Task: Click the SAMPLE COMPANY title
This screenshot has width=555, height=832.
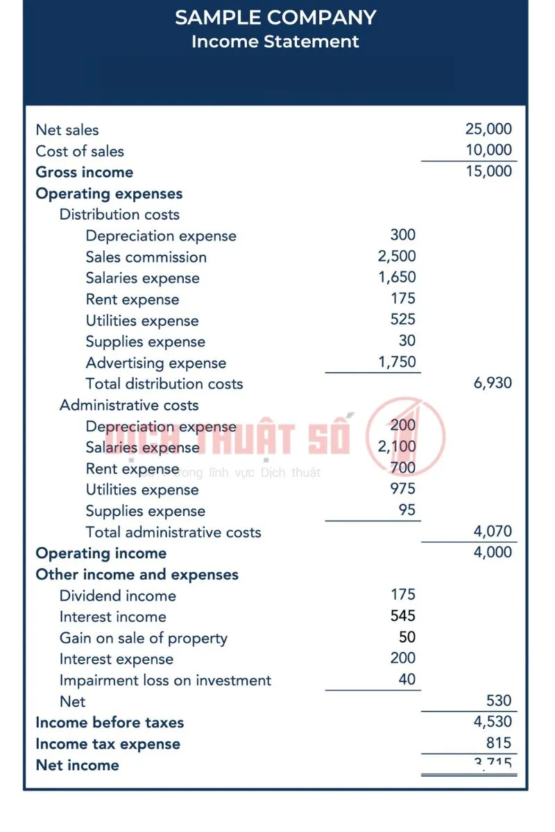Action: point(275,17)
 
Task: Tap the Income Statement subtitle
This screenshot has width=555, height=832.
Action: point(275,42)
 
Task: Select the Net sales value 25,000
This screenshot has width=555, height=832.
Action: point(488,129)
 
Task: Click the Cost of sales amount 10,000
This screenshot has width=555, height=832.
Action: point(488,150)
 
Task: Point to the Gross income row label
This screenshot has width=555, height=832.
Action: point(85,172)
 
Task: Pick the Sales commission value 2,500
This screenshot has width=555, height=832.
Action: point(397,256)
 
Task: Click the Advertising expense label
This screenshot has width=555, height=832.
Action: point(156,363)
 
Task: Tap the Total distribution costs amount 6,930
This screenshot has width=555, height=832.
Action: point(493,383)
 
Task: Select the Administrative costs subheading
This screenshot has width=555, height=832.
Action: point(129,405)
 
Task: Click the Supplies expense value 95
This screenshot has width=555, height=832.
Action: point(407,510)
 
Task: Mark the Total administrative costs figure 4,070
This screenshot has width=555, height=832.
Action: point(493,531)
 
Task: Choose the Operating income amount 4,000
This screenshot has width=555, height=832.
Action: point(493,552)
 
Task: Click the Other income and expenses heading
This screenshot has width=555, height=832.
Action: point(137,574)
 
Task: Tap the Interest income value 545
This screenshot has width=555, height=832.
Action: point(403,616)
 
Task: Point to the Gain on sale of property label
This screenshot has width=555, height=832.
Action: point(144,638)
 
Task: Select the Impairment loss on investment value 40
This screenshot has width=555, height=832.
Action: point(407,679)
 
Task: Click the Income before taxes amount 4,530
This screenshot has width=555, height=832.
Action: point(493,722)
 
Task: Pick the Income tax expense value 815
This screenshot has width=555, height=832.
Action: point(498,743)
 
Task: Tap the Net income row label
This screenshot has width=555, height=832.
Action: point(77,765)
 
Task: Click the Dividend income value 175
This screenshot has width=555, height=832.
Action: point(403,594)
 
